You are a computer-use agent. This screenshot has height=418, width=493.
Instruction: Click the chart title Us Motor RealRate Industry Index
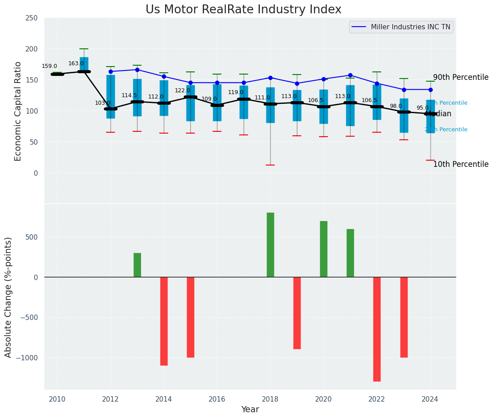tap(243, 10)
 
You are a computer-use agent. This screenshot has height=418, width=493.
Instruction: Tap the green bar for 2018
tap(270, 244)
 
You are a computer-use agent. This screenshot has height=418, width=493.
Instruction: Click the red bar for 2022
tap(377, 329)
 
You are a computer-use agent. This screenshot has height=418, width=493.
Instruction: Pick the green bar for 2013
tap(137, 265)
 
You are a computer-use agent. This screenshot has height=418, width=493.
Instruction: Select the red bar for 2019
tap(297, 313)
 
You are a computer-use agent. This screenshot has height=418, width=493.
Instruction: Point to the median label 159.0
tap(49, 67)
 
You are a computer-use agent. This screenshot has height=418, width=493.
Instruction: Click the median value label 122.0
tap(182, 91)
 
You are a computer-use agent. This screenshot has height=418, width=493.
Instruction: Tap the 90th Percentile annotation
tap(461, 78)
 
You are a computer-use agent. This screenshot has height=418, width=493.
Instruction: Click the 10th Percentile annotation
tap(461, 165)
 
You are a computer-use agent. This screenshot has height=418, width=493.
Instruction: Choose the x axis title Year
tap(250, 410)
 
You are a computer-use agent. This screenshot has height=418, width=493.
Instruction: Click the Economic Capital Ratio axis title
tap(18, 111)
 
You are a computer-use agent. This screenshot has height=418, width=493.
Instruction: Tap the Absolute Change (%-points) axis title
tap(8, 297)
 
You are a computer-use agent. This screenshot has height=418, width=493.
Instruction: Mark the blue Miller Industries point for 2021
tap(350, 75)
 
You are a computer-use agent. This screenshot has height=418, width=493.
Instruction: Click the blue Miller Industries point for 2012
tap(110, 71)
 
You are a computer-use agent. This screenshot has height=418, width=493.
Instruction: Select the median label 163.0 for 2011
tap(76, 64)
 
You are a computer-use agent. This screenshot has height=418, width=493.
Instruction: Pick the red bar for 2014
tap(164, 321)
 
